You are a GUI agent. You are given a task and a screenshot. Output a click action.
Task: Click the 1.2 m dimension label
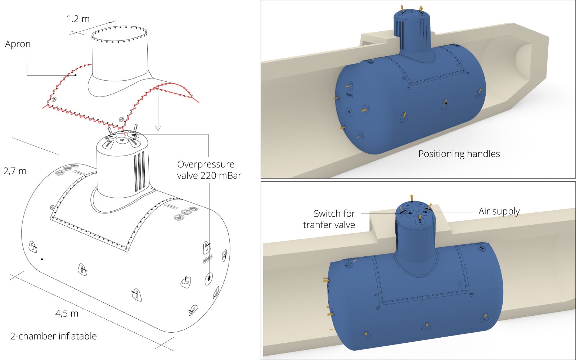click(x=78, y=19)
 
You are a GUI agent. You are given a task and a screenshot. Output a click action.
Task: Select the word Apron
click(x=18, y=44)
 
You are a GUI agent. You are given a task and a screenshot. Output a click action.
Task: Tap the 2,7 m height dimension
click(x=15, y=171)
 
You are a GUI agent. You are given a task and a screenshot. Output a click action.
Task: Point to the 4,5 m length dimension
click(x=67, y=313)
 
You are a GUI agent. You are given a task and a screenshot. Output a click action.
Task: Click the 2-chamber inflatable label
click(x=53, y=336)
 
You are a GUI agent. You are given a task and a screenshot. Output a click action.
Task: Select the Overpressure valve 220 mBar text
click(x=209, y=170)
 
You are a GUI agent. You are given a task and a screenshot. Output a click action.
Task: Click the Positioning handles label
click(x=459, y=154)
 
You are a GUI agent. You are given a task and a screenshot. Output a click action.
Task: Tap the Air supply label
click(x=499, y=211)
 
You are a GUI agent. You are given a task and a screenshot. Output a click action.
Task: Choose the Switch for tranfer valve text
click(x=329, y=219)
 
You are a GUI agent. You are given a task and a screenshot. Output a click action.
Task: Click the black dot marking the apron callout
click(x=76, y=75)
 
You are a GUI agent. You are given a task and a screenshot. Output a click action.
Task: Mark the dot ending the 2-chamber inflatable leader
click(x=42, y=259)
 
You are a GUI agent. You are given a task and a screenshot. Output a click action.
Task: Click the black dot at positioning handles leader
click(x=446, y=103)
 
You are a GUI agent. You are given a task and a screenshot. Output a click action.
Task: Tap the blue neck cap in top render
click(x=411, y=14)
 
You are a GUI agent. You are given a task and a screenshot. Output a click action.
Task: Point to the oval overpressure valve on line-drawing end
click(x=208, y=278)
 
